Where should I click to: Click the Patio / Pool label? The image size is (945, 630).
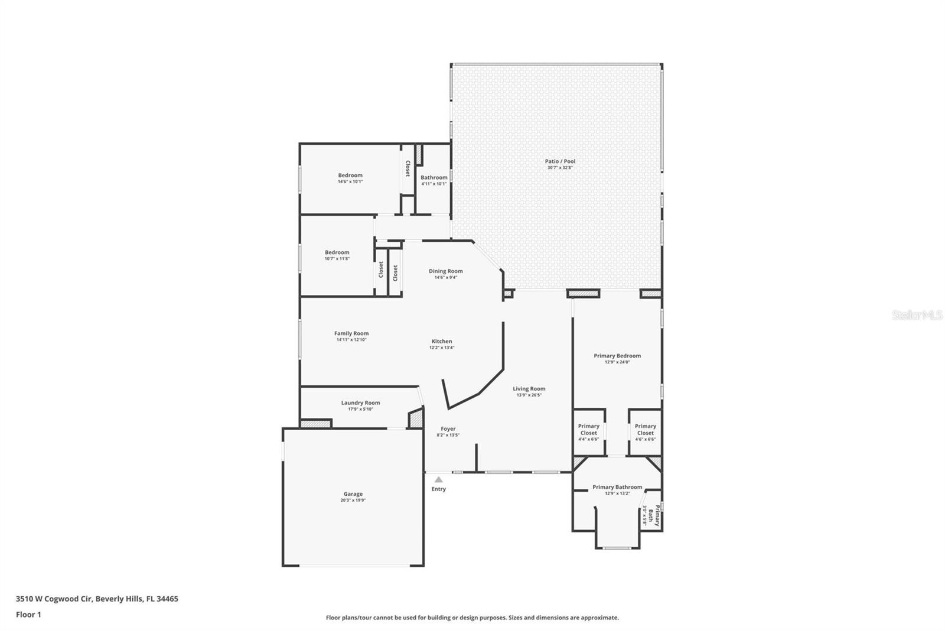click(x=560, y=161)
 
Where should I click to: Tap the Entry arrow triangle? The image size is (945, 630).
click(x=438, y=480)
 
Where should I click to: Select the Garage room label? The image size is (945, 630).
click(x=353, y=494)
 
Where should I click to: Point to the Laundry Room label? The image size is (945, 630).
click(x=360, y=403)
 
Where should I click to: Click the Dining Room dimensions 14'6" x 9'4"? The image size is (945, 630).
click(x=445, y=278)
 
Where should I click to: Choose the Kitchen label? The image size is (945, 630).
click(x=441, y=342)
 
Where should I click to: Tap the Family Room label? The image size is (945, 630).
click(x=351, y=334)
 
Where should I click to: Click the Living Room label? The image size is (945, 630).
click(x=529, y=389)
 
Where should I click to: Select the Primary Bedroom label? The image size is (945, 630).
click(x=617, y=356)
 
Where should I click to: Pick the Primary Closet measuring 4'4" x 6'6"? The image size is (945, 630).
click(x=588, y=430)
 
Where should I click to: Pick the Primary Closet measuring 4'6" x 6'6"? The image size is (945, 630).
click(x=645, y=430)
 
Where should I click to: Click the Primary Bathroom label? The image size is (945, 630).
click(x=617, y=488)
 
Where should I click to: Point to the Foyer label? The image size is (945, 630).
click(x=448, y=429)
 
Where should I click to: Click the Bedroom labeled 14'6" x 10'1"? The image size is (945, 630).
click(x=350, y=176)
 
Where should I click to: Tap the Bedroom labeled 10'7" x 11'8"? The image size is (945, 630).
click(x=337, y=252)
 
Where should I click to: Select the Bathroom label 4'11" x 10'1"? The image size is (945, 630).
click(x=434, y=178)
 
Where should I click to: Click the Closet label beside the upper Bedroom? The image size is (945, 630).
click(x=407, y=168)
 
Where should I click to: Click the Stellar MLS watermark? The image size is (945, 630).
click(x=917, y=316)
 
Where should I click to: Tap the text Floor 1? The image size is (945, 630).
click(x=28, y=615)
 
